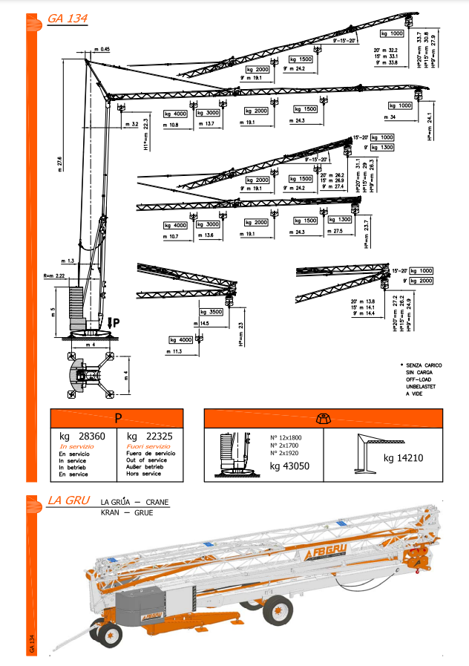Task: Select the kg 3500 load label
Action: pos(211,313)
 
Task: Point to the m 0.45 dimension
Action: pos(102,49)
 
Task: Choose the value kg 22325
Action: pos(151,437)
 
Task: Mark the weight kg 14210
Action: pos(403,457)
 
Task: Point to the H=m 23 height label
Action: pos(242,325)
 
